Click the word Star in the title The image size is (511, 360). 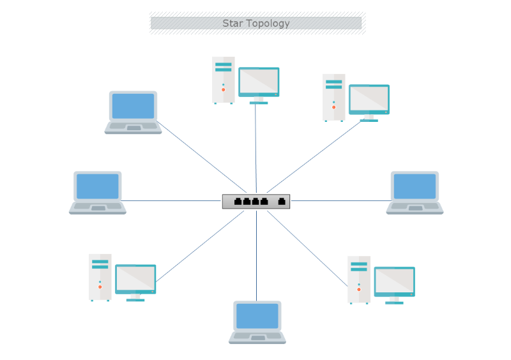(232, 24)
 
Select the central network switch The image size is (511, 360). (256, 201)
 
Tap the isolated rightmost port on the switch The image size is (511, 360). (281, 202)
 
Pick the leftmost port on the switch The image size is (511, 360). (238, 202)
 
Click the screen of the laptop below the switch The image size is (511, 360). (257, 315)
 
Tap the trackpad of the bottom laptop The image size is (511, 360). (257, 337)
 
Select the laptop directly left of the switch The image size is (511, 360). (98, 192)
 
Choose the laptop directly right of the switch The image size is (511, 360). (415, 192)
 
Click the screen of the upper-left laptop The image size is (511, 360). (133, 106)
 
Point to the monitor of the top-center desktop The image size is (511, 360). (259, 82)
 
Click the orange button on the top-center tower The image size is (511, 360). (224, 90)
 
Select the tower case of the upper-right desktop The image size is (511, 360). (333, 97)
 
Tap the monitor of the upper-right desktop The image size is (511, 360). (369, 99)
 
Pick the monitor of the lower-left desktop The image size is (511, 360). (135, 279)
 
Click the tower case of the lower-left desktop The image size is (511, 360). (100, 277)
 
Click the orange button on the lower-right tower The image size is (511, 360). (359, 290)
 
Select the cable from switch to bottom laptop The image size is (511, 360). (257, 255)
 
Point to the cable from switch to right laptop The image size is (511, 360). (339, 200)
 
